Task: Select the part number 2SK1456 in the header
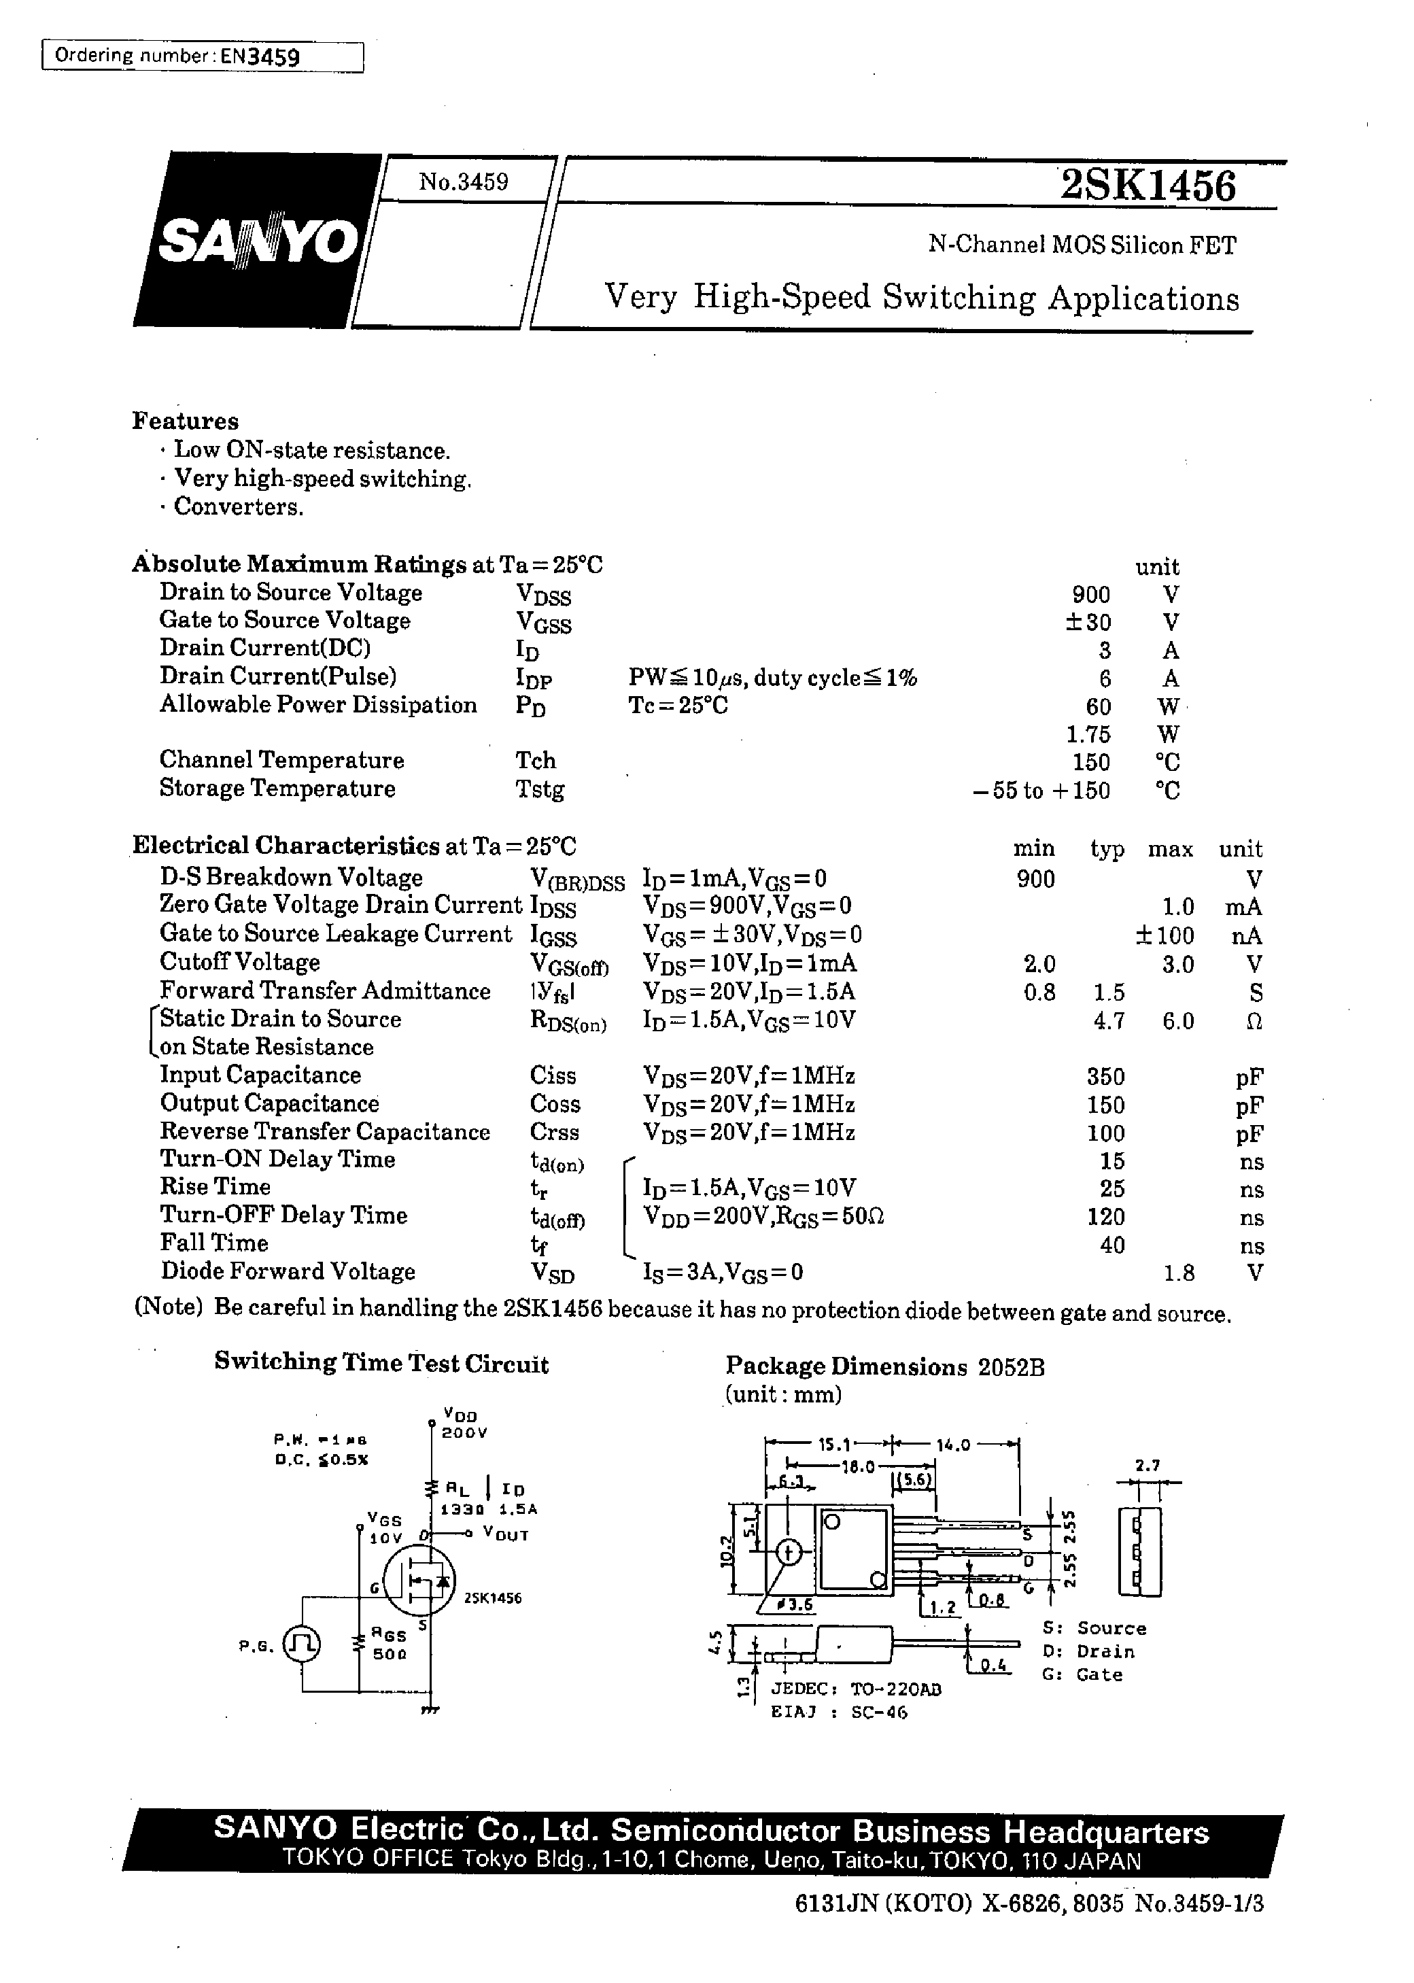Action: coord(1148,186)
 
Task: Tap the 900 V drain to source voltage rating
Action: coord(1090,595)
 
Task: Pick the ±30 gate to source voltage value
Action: coord(1086,623)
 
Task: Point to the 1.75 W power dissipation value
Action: coord(1088,734)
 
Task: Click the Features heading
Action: coord(186,421)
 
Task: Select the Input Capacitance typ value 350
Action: coord(1106,1077)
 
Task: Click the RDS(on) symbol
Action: coord(568,1021)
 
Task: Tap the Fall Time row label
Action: coord(214,1243)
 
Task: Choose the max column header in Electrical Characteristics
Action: coord(1170,848)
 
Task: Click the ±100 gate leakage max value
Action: coord(1164,936)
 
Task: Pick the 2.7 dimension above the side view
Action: coord(1148,1465)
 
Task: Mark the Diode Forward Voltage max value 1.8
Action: coord(1178,1273)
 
